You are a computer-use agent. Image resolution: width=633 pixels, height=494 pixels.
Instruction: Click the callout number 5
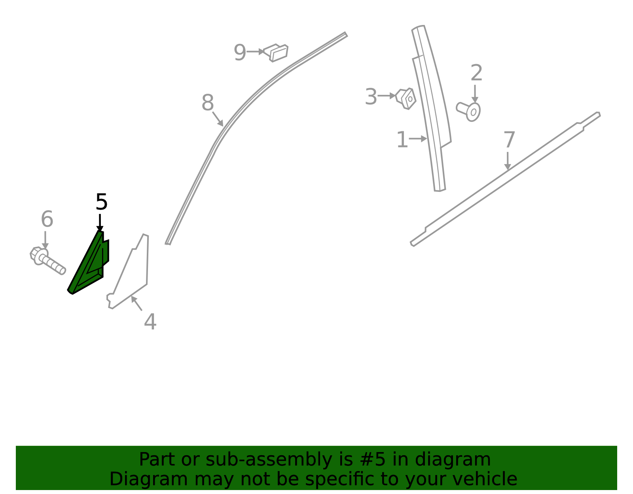tap(101, 202)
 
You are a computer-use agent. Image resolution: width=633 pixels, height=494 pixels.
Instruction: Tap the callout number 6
tap(47, 219)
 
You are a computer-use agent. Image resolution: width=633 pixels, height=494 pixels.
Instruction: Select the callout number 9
tap(240, 52)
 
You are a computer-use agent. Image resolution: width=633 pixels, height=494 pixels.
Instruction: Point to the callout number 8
tap(208, 102)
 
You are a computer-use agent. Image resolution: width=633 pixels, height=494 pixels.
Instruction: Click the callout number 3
tap(371, 97)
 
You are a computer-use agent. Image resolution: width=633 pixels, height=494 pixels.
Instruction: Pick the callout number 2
tap(476, 72)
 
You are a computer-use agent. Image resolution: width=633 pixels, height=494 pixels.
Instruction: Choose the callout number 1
tap(402, 140)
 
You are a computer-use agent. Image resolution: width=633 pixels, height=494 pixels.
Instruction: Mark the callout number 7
tap(509, 140)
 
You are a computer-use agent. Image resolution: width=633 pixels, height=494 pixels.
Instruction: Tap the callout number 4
tap(150, 322)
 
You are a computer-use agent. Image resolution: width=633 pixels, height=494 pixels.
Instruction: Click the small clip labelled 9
tap(275, 53)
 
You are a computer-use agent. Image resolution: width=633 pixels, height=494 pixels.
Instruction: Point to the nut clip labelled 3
tap(406, 99)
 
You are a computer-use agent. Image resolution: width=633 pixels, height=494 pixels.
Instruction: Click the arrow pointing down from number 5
tap(100, 223)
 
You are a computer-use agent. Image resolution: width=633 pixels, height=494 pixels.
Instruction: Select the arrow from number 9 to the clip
tap(255, 52)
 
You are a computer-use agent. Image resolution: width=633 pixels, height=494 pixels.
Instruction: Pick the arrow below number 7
tap(508, 161)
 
